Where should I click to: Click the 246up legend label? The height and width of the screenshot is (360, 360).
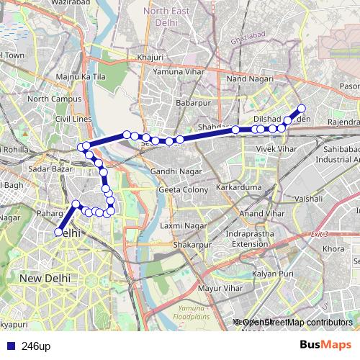[x=36, y=346]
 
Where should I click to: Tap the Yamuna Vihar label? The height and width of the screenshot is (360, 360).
[x=178, y=72]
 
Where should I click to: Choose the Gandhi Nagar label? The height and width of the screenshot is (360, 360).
[x=172, y=171]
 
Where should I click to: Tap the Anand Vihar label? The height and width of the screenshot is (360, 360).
[x=261, y=214]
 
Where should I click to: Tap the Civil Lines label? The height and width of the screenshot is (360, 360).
[x=73, y=119]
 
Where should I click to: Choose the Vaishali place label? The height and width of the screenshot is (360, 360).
[x=308, y=197]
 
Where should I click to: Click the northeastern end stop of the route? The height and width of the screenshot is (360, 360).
[x=302, y=109]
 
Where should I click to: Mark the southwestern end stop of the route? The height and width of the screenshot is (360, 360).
[x=58, y=232]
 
